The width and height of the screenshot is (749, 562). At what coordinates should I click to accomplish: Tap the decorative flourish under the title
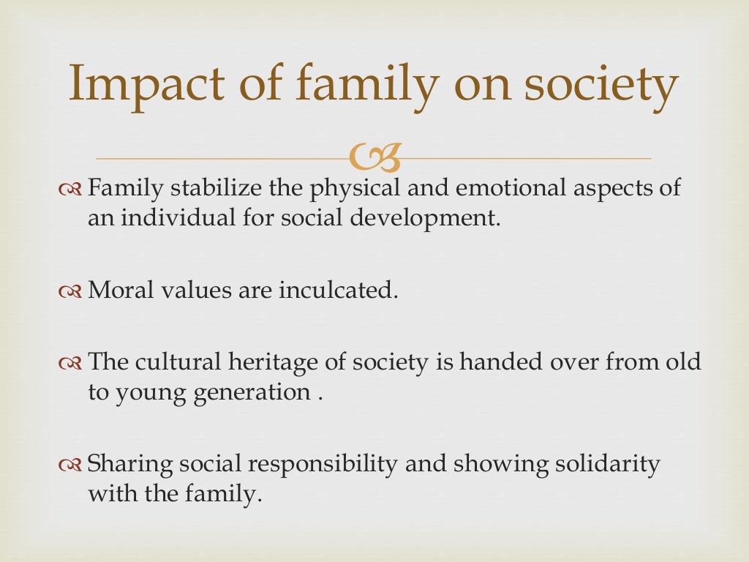375,155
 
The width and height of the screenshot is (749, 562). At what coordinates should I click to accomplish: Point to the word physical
355,190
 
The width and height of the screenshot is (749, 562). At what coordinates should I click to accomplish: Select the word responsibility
310,464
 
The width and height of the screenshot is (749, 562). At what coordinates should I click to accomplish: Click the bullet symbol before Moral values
70,291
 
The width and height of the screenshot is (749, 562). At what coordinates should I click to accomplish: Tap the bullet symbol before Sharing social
70,464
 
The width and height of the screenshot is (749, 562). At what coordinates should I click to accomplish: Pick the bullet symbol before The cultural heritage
70,362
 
